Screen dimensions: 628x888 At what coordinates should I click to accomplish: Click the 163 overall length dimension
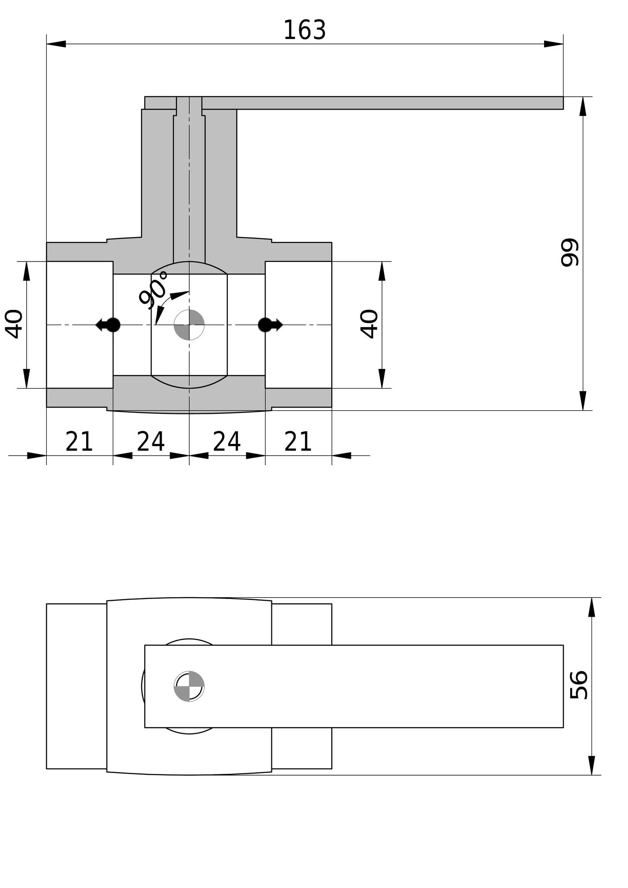(x=305, y=30)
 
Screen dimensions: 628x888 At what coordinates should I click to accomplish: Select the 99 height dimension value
(x=570, y=253)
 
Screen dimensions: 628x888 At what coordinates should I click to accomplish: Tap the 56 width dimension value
(x=579, y=685)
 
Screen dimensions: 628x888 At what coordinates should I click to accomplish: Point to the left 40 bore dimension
(x=14, y=324)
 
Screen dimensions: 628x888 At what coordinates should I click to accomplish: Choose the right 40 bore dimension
(x=369, y=324)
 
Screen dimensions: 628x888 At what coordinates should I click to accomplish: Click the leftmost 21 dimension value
(x=79, y=441)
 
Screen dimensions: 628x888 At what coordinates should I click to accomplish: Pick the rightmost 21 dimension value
(x=298, y=441)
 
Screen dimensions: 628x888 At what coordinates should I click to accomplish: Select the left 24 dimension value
(x=151, y=441)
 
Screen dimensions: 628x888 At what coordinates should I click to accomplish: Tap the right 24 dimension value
(x=227, y=441)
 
